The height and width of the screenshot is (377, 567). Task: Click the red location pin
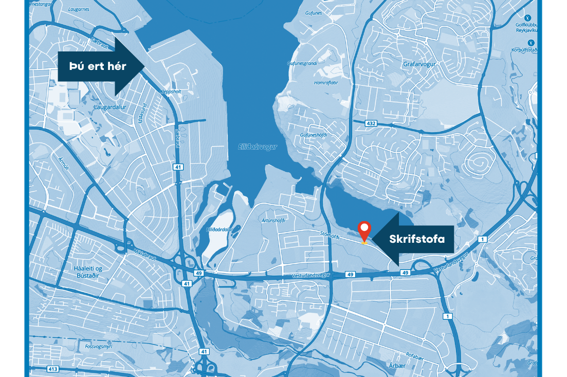pyautogui.click(x=364, y=230)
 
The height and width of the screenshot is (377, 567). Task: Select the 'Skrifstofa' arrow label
pyautogui.click(x=416, y=239)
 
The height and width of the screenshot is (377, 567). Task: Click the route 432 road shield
pyautogui.click(x=371, y=123)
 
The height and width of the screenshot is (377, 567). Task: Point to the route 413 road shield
pyautogui.click(x=52, y=369)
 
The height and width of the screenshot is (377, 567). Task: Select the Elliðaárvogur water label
pyautogui.click(x=258, y=147)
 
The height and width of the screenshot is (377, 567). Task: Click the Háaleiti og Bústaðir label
pyautogui.click(x=85, y=272)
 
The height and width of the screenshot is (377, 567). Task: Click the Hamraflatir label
pyautogui.click(x=326, y=82)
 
